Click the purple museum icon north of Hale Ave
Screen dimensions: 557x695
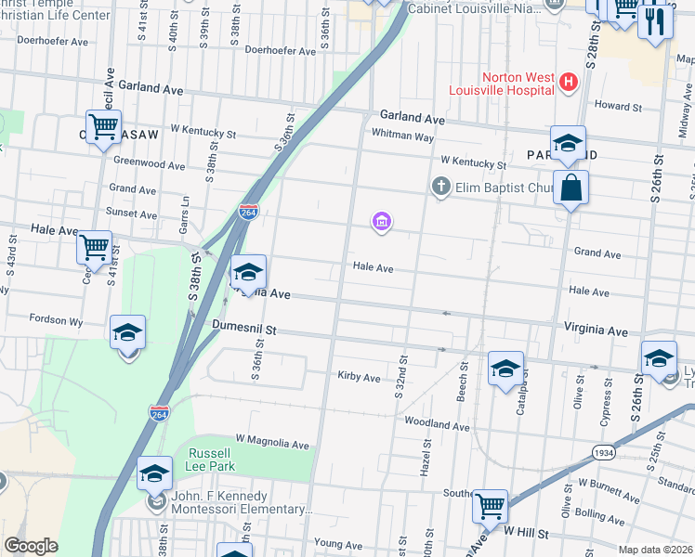pyautogui.click(x=381, y=222)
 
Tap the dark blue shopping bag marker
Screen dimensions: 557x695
pyautogui.click(x=570, y=188)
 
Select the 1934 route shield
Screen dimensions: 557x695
pyautogui.click(x=604, y=452)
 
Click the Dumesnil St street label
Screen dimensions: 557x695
pyautogui.click(x=244, y=329)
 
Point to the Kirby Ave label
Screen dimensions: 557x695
pyautogui.click(x=360, y=378)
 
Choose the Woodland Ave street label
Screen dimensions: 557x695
pyautogui.click(x=437, y=425)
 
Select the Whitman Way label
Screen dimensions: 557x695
pyautogui.click(x=402, y=136)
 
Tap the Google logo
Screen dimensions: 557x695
pyautogui.click(x=31, y=546)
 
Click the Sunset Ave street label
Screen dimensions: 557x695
pyautogui.click(x=131, y=214)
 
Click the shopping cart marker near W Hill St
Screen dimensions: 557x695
pyautogui.click(x=490, y=507)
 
